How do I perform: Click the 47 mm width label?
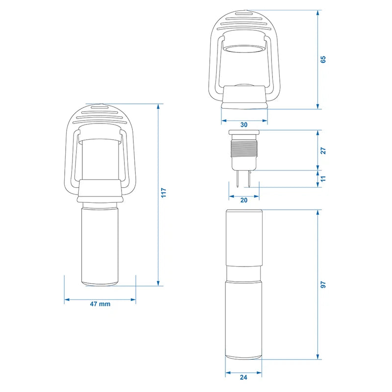100,304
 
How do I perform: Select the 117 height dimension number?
164,194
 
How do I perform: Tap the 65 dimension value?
323,59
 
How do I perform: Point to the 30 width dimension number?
244,124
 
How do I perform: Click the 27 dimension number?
323,150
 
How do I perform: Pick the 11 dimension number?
323,179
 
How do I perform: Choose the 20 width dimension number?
244,199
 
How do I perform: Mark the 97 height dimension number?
323,284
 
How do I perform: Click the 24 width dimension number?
244,378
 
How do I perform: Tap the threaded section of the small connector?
244,147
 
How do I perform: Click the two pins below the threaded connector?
244,179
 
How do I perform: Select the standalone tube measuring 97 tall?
244,284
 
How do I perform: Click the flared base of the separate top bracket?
244,98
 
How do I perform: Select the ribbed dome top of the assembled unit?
100,115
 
